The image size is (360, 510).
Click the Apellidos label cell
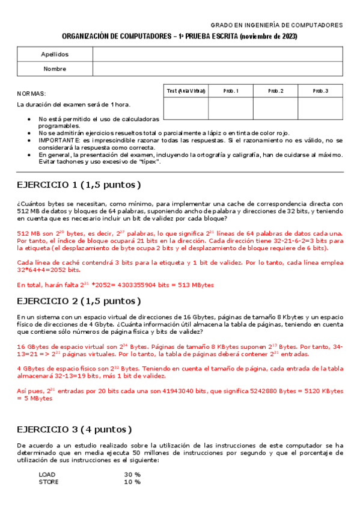coord(55,54)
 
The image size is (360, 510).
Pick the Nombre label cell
coord(55,69)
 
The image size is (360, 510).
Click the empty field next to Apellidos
coord(218,54)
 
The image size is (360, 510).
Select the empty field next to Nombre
coord(218,69)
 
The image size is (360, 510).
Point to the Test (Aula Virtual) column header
coord(186,91)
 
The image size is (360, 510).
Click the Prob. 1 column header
coord(231,91)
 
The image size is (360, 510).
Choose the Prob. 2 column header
coord(275,91)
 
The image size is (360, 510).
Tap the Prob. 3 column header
coord(320,91)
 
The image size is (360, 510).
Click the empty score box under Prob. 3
coord(320,108)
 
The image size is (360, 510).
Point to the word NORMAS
coord(31,94)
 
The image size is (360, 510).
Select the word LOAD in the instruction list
coord(47,474)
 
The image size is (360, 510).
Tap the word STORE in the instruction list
coord(49,481)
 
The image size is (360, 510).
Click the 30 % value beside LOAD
coord(132,474)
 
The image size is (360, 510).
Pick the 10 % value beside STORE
coord(132,481)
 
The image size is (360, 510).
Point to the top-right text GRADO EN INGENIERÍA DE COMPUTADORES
coord(276,25)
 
